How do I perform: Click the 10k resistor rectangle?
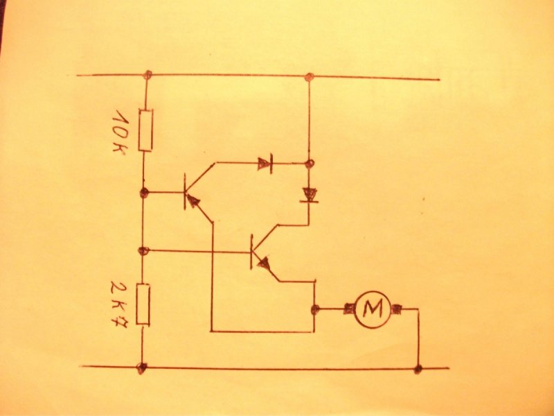pos(145,130)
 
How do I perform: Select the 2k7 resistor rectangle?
pos(143,304)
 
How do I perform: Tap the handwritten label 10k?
pos(120,130)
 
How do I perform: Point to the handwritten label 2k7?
pos(119,303)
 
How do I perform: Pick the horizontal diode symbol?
pos(265,164)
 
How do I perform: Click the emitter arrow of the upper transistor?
pos(193,201)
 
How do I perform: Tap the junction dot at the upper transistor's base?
pos(144,193)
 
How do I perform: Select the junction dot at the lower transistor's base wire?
pos(143,251)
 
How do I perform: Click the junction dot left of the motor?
pos(315,309)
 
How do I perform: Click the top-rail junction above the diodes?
pos(310,76)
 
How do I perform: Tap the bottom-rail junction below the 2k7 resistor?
pos(142,368)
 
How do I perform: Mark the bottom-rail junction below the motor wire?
pos(418,369)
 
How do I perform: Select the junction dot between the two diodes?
pos(310,164)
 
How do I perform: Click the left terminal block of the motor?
pos(350,309)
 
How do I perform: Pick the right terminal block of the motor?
pos(395,309)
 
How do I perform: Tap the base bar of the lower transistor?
pos(251,252)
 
